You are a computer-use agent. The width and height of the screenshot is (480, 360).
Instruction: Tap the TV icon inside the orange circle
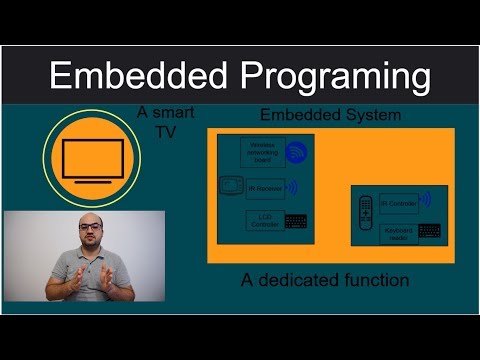[93, 159]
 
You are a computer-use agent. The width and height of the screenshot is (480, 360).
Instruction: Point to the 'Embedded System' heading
[330, 114]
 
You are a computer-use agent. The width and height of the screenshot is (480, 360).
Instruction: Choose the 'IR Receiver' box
[265, 187]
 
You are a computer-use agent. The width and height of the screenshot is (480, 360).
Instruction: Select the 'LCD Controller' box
[262, 220]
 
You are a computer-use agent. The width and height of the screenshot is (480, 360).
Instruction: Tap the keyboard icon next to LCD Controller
[296, 221]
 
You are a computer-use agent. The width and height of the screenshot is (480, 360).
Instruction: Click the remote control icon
[365, 211]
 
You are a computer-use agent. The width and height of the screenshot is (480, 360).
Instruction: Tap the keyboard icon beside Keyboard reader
[429, 230]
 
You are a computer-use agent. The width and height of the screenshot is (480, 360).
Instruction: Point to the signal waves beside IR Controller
[426, 200]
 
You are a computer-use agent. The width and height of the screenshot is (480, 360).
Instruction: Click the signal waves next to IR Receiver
[293, 187]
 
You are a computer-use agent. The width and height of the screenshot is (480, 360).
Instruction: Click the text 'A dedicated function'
[325, 280]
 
